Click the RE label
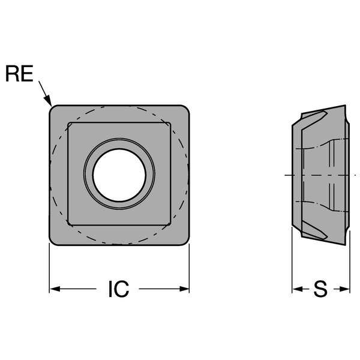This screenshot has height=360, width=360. coord(19,73)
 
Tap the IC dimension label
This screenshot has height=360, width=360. coord(119,289)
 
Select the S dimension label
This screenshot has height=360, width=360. coord(320,289)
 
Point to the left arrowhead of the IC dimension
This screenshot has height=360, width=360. coord(55,289)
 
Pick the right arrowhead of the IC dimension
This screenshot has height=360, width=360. coord(184,289)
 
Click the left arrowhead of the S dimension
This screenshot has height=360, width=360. coord(298,289)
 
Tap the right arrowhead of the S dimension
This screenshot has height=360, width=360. coord(344,289)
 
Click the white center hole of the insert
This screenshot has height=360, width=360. coord(119,175)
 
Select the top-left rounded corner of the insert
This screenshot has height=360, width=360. coord(52,108)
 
